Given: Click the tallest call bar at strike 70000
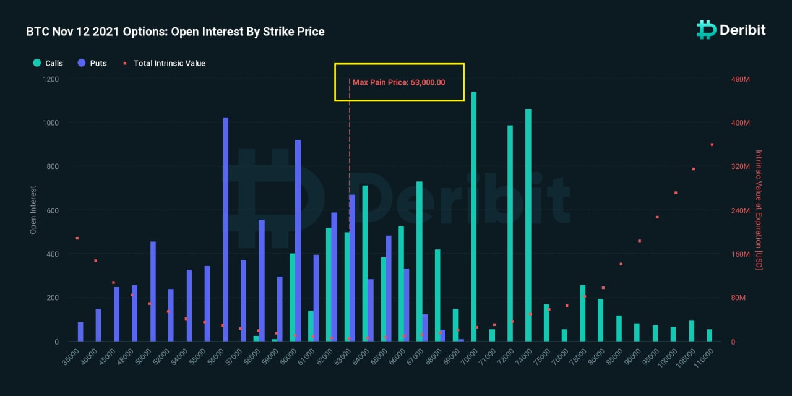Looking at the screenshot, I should point(474,217).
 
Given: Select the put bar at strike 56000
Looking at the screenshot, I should point(225,229).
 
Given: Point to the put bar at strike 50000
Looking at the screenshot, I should point(153,291).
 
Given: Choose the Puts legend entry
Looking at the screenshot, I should point(92,63).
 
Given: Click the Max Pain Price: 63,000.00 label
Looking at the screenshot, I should point(398,82).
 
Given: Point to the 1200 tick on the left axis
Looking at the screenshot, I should point(51,79).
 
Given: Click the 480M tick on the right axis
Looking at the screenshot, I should point(741,79).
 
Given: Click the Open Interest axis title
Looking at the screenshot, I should point(33,210).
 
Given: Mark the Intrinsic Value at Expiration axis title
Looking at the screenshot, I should point(759,210).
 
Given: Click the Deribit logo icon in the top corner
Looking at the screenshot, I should point(706,29).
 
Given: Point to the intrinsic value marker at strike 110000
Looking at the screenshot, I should point(712,145).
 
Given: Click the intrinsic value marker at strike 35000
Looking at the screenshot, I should point(77,238).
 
